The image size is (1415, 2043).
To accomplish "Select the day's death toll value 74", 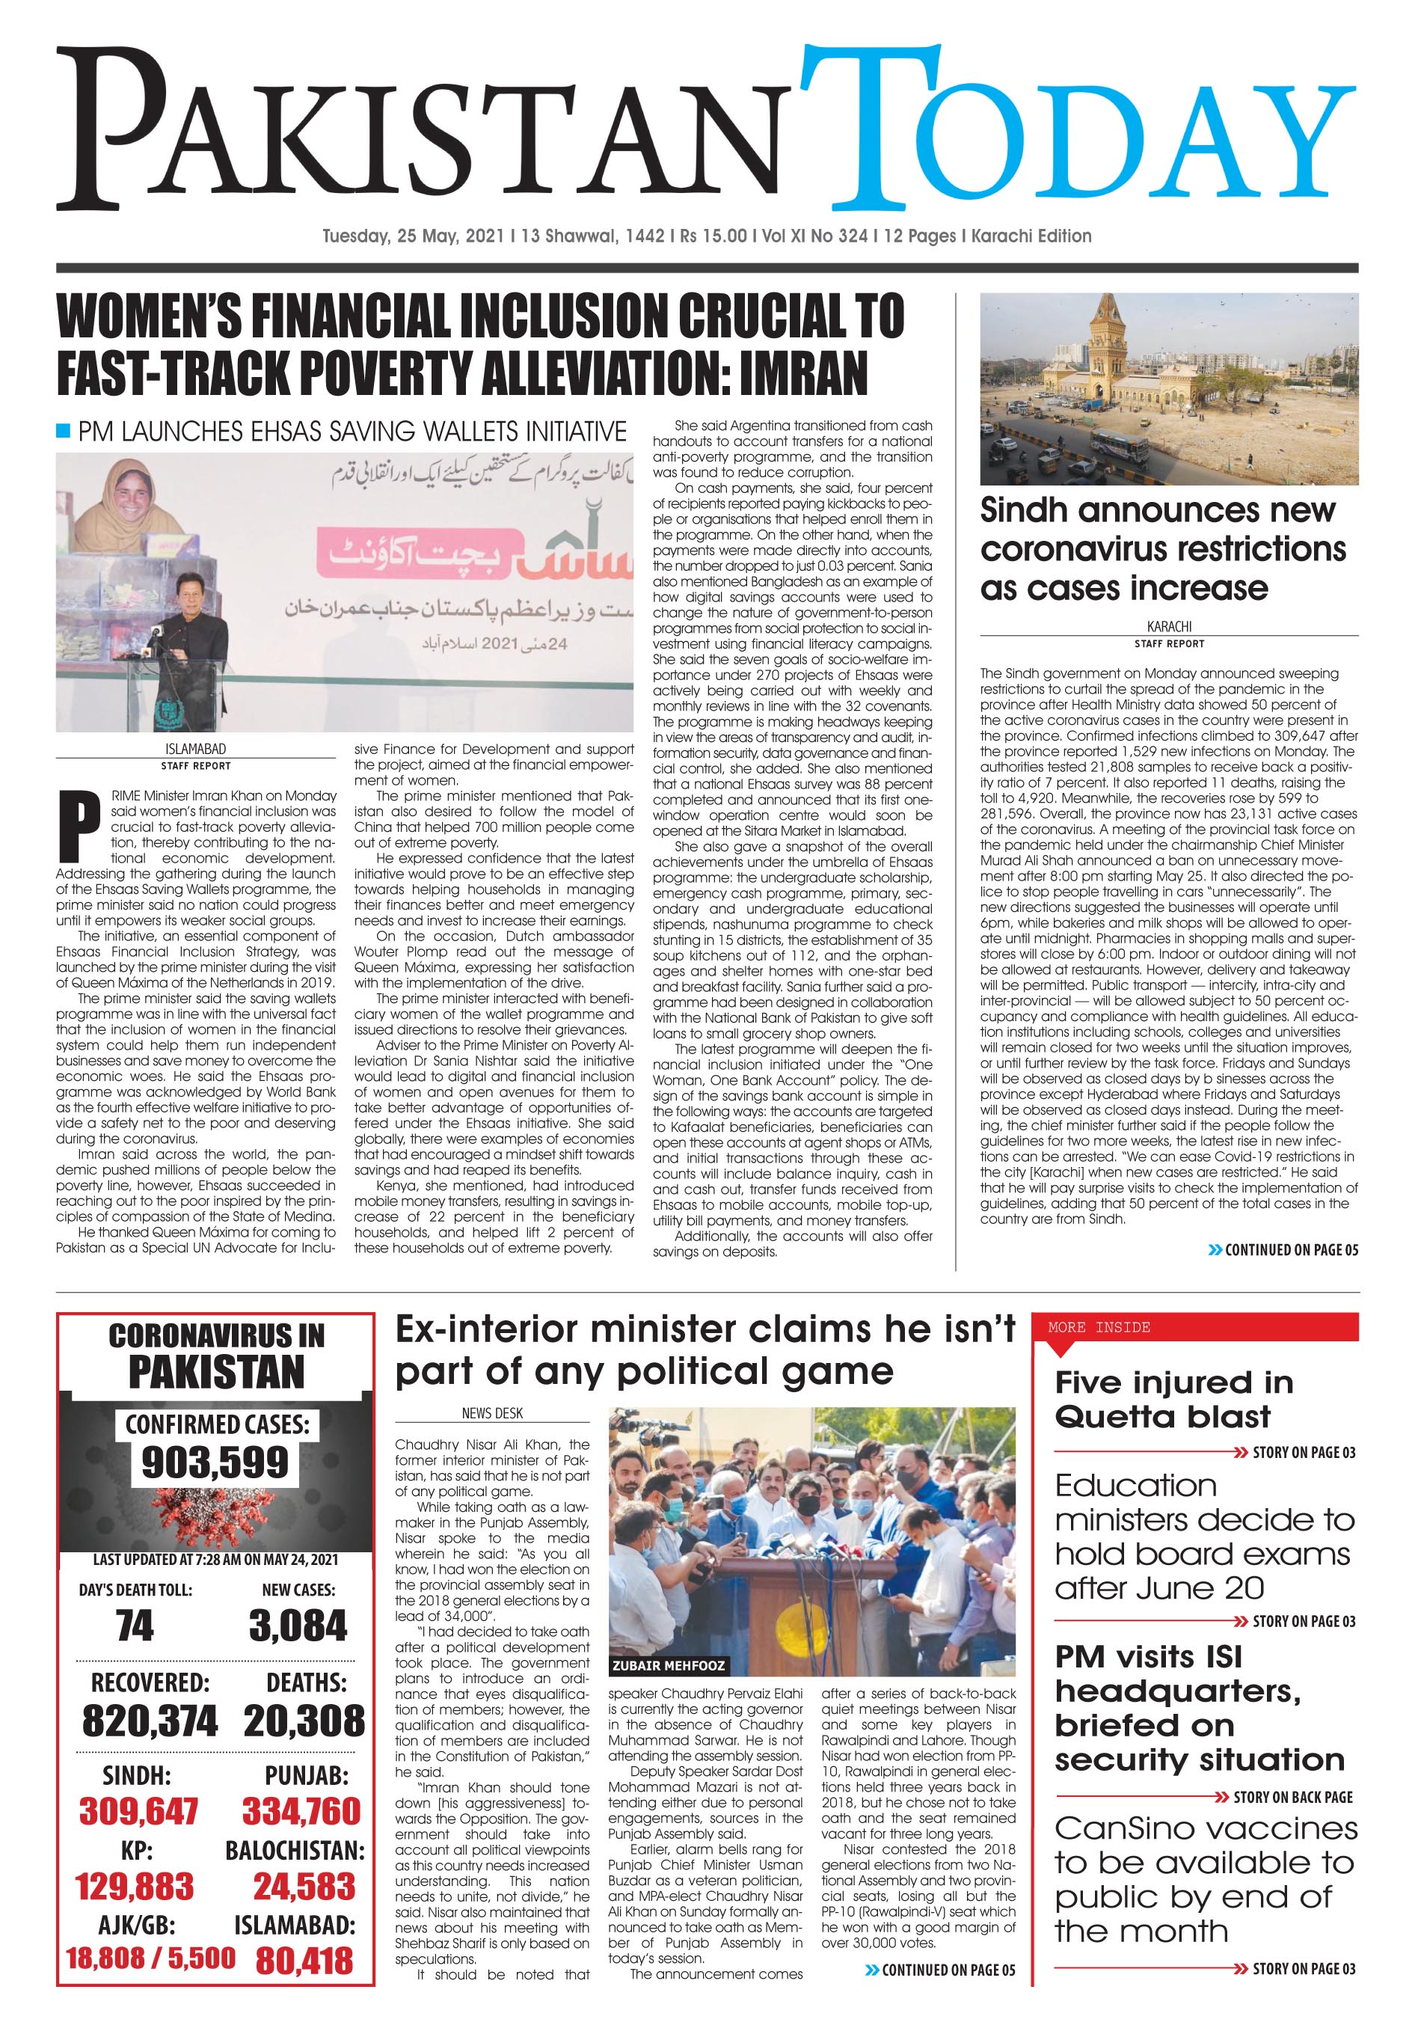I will click(x=135, y=1626).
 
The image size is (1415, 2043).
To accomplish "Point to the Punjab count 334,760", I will click(x=301, y=1810).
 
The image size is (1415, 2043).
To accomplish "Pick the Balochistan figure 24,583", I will click(x=304, y=1886).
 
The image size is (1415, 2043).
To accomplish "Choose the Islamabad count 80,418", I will click(x=304, y=1961).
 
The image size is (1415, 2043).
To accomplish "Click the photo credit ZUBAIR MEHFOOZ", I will click(x=669, y=1665).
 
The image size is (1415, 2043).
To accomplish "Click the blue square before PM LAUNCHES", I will click(x=63, y=431).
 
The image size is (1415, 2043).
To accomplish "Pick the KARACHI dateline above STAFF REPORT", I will click(x=1168, y=626).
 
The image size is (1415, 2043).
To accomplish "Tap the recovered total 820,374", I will click(x=149, y=1721).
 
